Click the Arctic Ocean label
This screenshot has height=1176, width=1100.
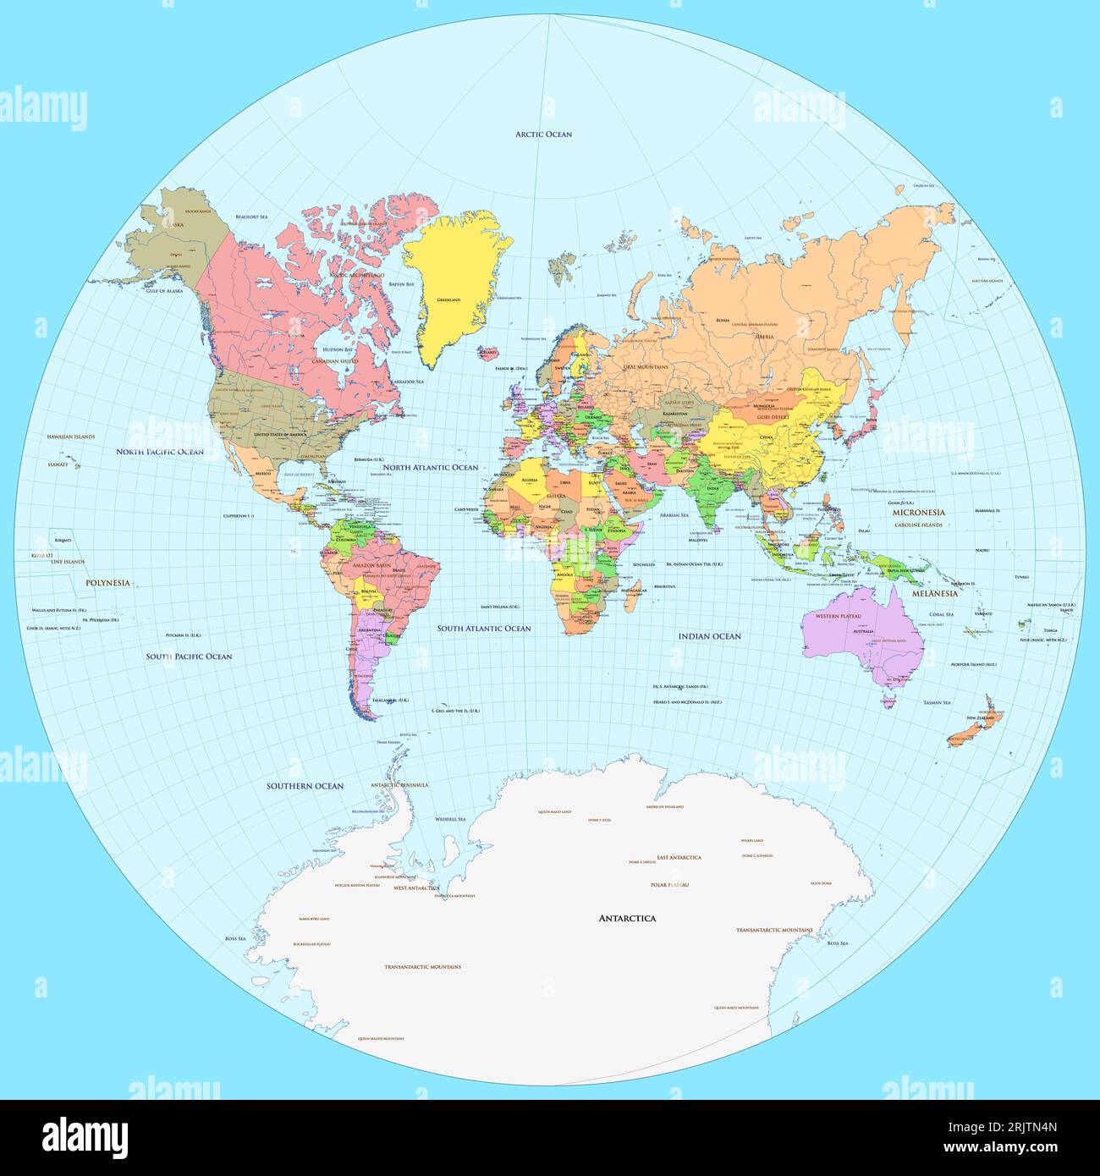543,135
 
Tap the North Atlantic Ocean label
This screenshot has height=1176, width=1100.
430,467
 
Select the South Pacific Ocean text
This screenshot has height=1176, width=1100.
189,657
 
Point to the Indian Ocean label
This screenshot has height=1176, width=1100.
709,636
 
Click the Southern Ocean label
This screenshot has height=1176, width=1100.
305,786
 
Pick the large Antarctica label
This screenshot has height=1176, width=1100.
627,918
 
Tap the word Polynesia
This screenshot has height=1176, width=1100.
107,583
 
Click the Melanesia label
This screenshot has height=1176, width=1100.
934,594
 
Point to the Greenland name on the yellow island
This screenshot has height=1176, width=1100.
448,300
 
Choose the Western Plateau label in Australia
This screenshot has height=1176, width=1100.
839,617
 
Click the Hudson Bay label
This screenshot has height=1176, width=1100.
337,349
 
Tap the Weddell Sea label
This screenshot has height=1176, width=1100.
450,819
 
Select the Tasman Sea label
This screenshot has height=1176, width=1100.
937,702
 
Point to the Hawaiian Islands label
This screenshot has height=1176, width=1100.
71,437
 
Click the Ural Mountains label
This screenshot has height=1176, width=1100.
646,367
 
